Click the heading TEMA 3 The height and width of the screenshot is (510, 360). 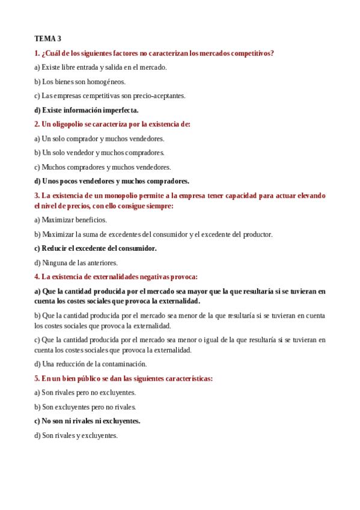(x=47, y=38)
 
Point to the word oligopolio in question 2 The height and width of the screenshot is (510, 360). (x=68, y=124)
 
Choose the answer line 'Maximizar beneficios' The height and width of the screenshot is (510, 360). (x=70, y=220)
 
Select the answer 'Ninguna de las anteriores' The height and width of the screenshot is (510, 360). (x=76, y=263)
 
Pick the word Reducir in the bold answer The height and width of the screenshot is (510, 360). (x=54, y=248)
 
